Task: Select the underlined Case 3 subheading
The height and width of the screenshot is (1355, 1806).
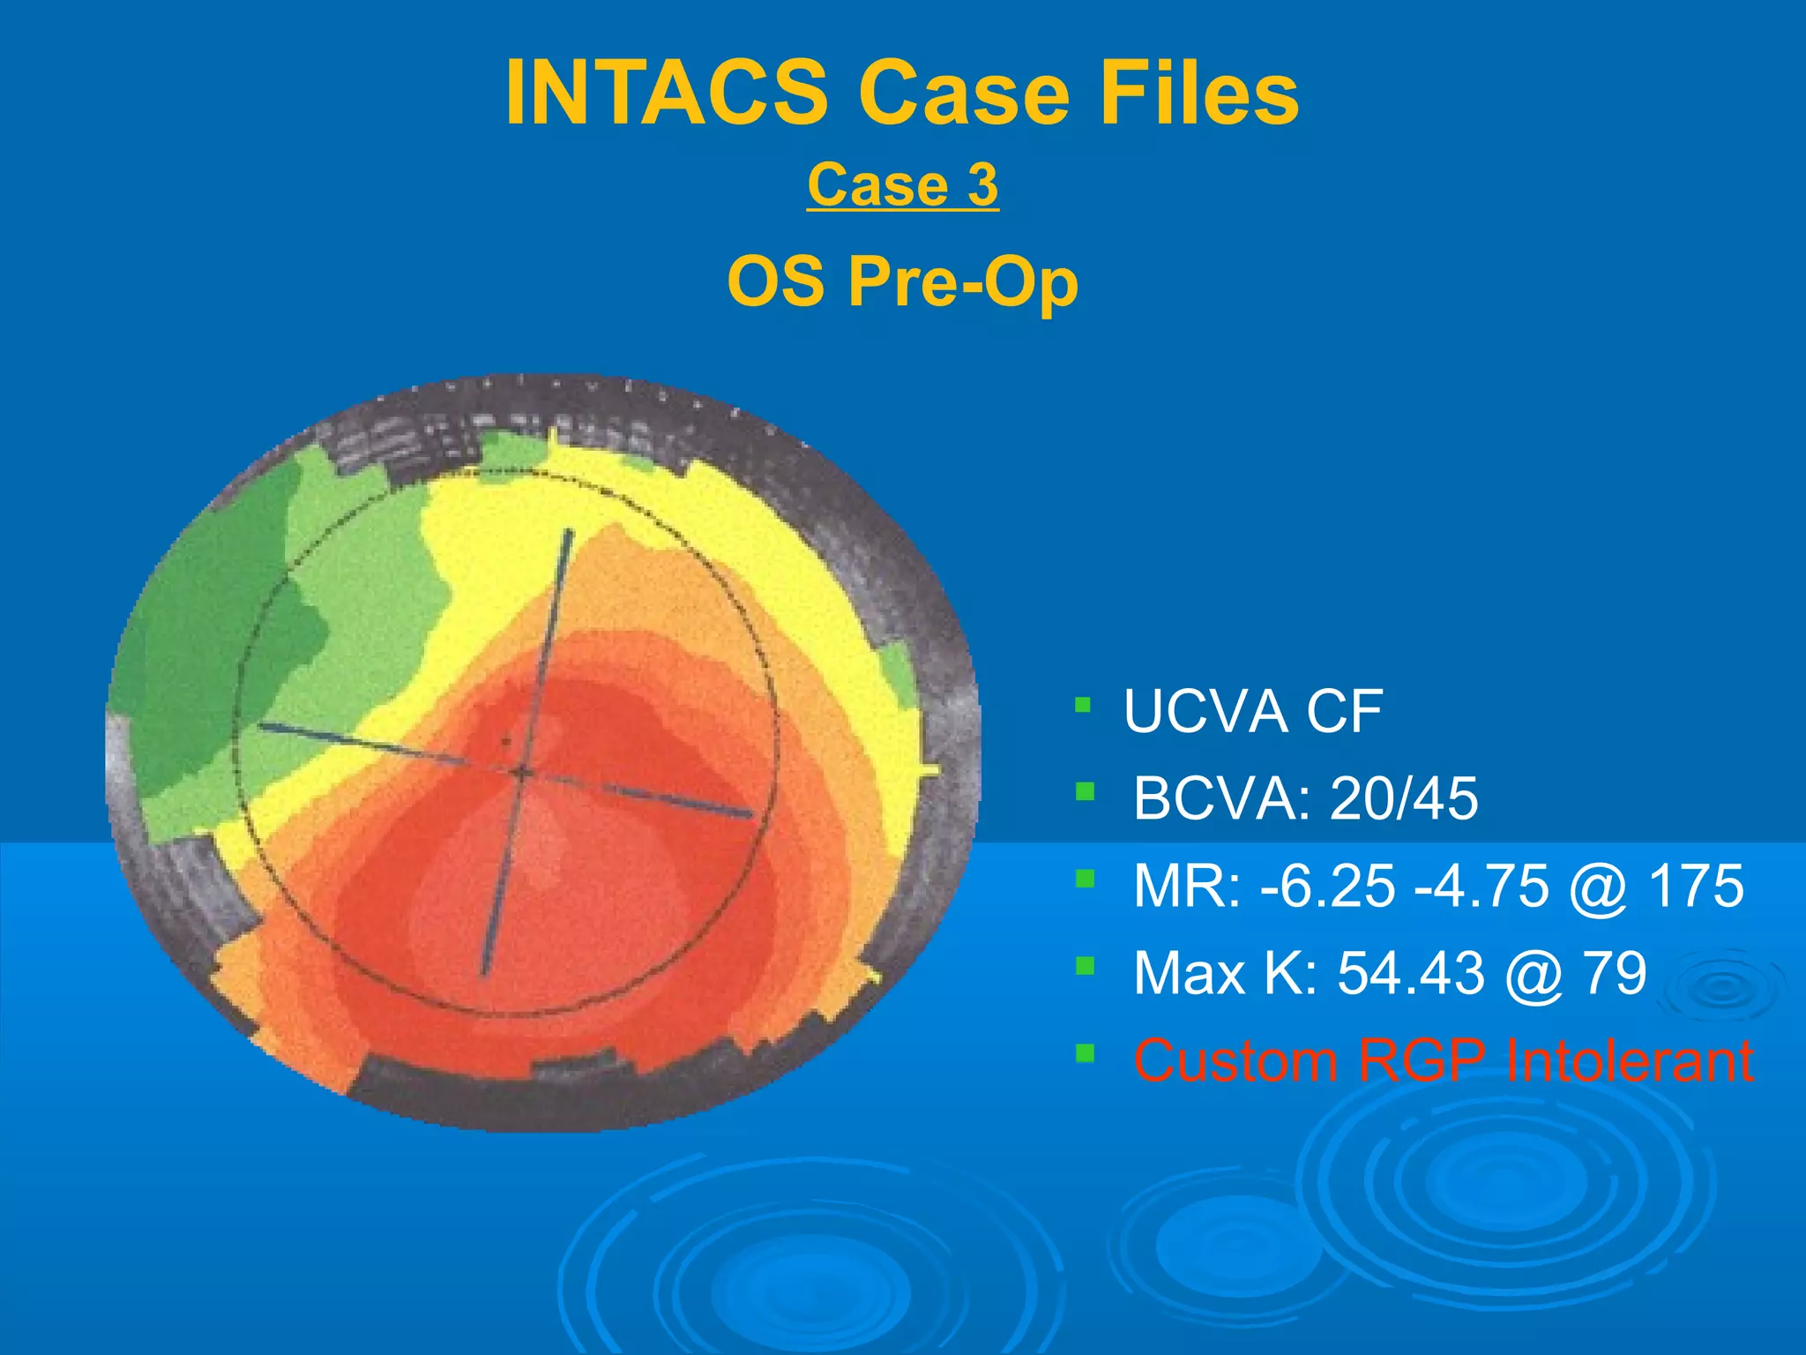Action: coord(902,185)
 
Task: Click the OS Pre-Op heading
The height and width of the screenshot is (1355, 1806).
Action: coord(902,282)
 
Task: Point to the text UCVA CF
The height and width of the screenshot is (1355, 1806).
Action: coord(1252,712)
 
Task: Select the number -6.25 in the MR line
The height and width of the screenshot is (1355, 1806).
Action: coord(1328,886)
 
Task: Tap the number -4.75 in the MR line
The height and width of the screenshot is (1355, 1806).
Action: coord(1481,886)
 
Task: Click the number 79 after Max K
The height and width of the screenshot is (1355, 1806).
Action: coord(1615,973)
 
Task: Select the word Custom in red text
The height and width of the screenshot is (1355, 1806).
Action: coord(1235,1059)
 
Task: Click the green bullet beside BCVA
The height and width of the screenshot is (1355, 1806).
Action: coord(1085,791)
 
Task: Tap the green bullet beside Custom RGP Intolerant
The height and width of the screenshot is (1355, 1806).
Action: coord(1085,1052)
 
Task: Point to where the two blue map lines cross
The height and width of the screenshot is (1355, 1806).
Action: coord(521,774)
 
